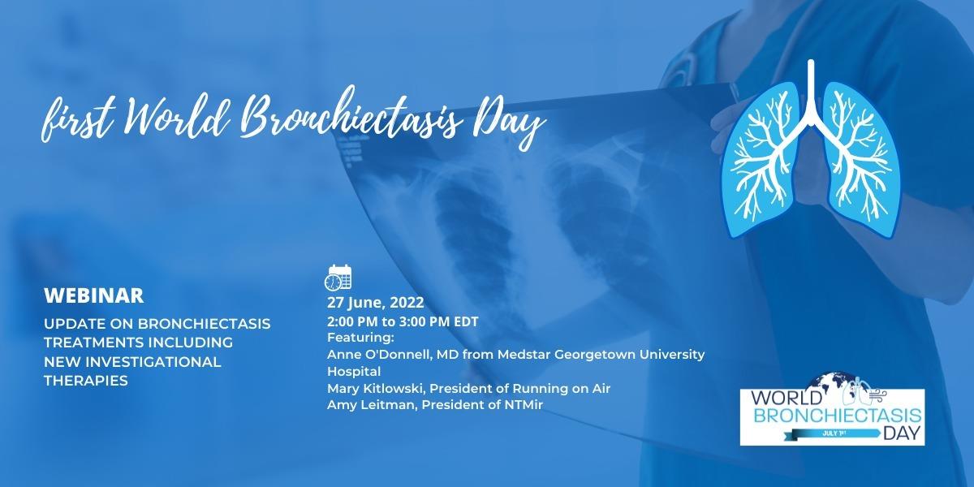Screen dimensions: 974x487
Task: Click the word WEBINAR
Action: tap(94, 295)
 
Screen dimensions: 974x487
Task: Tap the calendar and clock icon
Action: tap(338, 278)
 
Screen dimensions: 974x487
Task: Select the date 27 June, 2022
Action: tap(376, 303)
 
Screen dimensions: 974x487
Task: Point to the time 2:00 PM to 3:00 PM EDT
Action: tap(403, 321)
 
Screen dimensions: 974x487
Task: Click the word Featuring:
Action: tap(360, 338)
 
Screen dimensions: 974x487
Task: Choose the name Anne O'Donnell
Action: tap(379, 355)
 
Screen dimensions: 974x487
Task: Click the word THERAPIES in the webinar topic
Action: tap(86, 381)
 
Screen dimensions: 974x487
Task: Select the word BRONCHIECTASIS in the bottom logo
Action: tap(837, 416)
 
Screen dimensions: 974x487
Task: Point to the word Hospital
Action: tap(354, 372)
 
